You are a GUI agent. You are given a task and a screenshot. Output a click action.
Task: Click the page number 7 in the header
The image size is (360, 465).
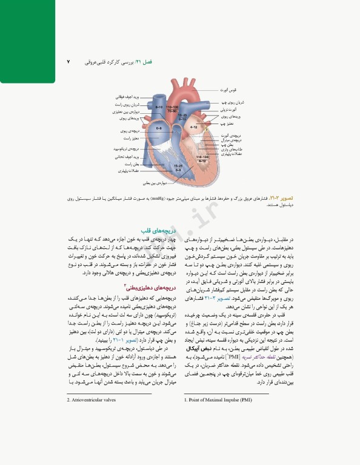click(68, 62)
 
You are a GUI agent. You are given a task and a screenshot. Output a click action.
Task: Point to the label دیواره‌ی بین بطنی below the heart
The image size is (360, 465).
click(155, 182)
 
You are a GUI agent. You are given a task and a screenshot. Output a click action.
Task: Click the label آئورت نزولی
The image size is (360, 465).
click(225, 111)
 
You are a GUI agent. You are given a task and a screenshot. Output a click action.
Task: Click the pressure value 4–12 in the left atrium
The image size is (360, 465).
click(194, 128)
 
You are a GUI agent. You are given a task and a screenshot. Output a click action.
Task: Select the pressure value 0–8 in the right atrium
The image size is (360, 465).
click(159, 129)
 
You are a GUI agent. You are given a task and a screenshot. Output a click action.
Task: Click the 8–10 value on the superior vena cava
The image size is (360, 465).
click(159, 107)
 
